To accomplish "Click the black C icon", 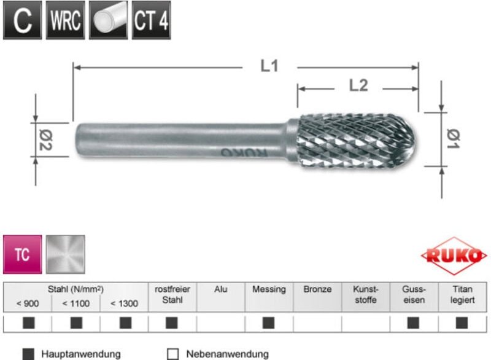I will (x=23, y=20).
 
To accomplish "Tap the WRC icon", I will (x=66, y=20).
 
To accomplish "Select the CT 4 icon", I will (x=151, y=20).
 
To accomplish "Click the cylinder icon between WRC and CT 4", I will (x=109, y=20).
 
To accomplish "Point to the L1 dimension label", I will (x=269, y=66).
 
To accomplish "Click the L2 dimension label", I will (x=358, y=86).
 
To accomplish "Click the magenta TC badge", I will (x=22, y=254).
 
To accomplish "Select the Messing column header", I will (x=269, y=289).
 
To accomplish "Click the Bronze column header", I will (x=317, y=289).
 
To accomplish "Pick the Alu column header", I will (x=220, y=289).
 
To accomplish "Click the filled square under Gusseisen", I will (x=414, y=323).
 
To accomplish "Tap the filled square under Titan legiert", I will (x=462, y=323).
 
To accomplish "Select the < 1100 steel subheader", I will (x=76, y=303).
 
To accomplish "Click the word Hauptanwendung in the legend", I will (x=81, y=354).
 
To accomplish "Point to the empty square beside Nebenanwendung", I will (x=172, y=354).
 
